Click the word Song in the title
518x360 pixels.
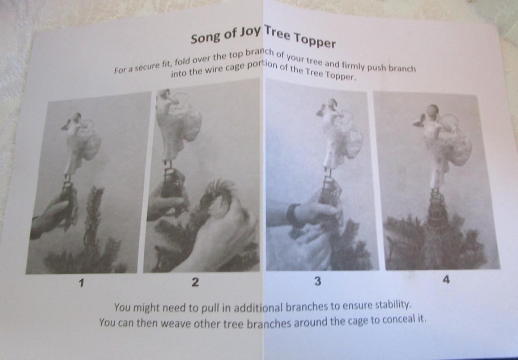coord(205,38)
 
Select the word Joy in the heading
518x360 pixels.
coord(250,31)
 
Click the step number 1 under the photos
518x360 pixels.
coord(81,283)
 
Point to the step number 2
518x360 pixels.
coord(195,282)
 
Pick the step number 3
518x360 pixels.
coord(318,281)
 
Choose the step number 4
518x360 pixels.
coord(446,280)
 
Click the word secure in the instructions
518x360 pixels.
coord(148,67)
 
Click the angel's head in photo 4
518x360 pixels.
coord(433,110)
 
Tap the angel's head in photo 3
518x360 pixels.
coord(332,102)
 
